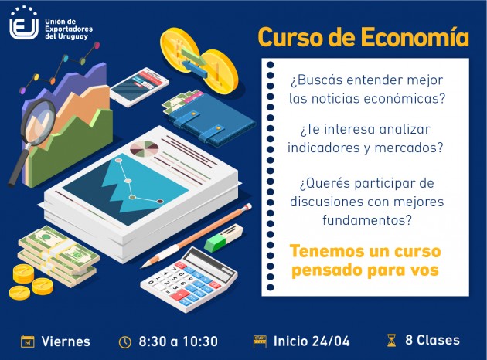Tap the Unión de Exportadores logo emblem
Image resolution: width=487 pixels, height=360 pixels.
(x=24, y=23)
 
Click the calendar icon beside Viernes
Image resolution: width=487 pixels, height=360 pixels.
(x=27, y=341)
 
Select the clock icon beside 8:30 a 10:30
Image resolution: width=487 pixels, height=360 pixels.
(x=125, y=341)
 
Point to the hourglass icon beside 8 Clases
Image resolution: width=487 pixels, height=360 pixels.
(x=392, y=340)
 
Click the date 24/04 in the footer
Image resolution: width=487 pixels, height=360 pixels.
(x=331, y=341)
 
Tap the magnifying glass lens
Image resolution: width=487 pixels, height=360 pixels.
(x=37, y=121)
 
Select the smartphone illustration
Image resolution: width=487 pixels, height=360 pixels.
(x=139, y=87)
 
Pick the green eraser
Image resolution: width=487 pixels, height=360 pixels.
(x=215, y=242)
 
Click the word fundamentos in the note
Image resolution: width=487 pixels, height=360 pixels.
(x=367, y=220)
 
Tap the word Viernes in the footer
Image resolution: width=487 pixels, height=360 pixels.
(x=66, y=341)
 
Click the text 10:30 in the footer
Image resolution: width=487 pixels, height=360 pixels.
(x=200, y=341)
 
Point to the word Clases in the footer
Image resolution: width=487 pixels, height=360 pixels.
(x=438, y=340)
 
